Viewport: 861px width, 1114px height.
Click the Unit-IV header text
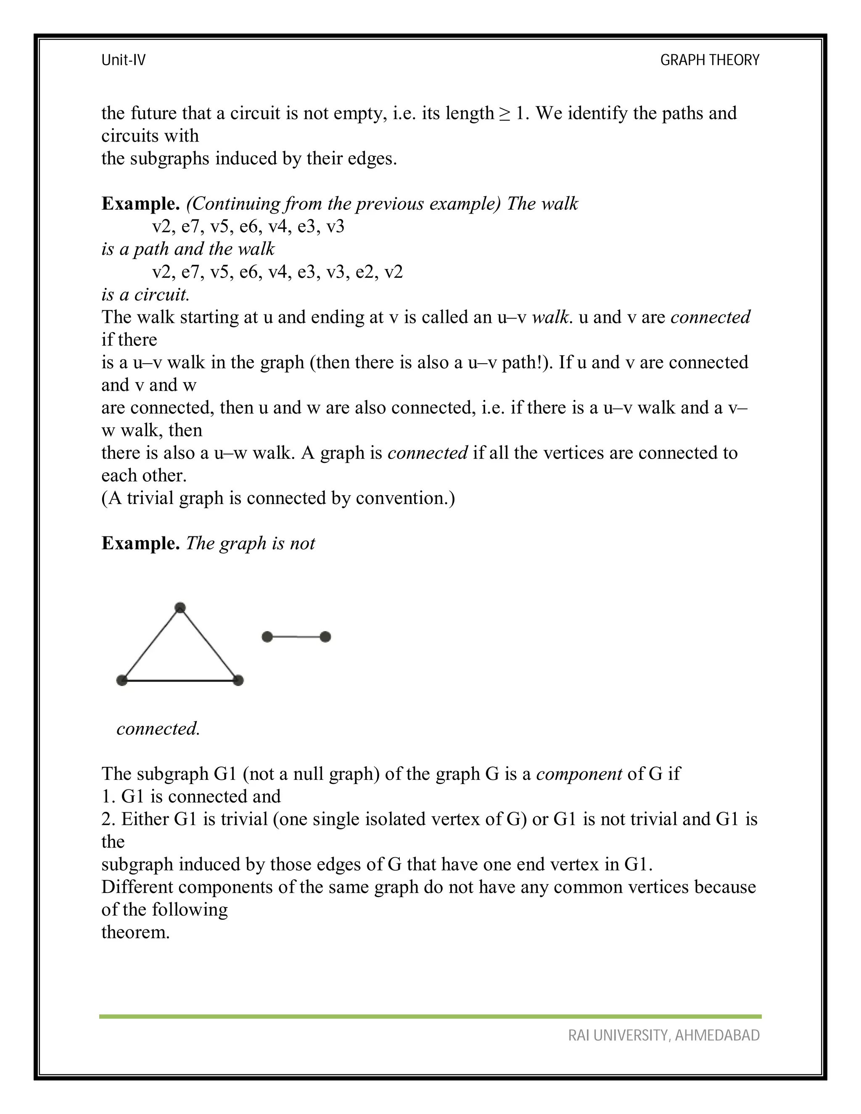[124, 60]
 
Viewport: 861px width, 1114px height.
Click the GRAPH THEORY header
[710, 60]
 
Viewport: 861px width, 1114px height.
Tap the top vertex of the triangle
[180, 607]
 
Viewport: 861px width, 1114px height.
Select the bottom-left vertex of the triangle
[122, 680]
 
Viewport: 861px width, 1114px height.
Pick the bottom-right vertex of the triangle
[238, 680]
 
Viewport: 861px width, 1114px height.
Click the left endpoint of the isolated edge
[267, 636]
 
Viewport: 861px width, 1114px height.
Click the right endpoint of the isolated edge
[325, 636]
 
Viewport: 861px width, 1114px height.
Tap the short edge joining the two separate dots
[296, 636]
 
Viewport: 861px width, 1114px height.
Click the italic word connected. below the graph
[158, 729]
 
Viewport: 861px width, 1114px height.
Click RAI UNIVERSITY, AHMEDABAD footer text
[664, 1035]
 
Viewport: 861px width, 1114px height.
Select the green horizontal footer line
[430, 1016]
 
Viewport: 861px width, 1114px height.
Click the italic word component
[579, 774]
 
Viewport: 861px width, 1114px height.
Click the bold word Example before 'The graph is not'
[140, 543]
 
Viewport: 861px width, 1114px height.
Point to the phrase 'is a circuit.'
[145, 294]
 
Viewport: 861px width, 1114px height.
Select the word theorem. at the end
[135, 932]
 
